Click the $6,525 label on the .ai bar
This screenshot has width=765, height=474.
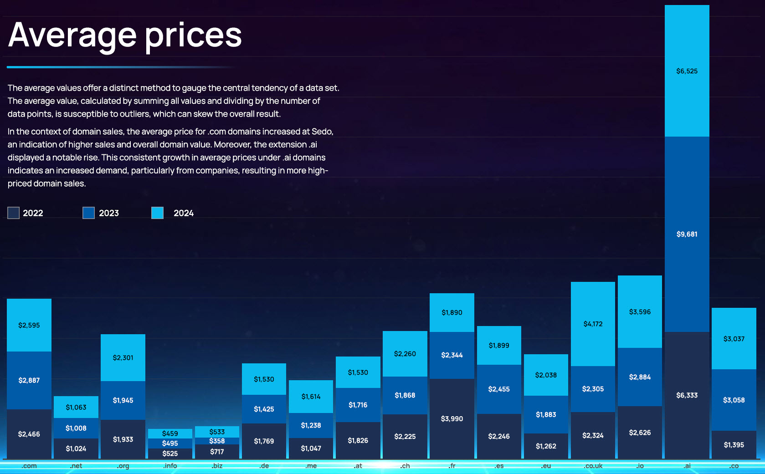pyautogui.click(x=687, y=71)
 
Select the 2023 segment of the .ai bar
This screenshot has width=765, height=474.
pyautogui.click(x=687, y=234)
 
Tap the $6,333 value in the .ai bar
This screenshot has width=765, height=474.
pyautogui.click(x=687, y=395)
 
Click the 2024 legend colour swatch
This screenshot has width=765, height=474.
pyautogui.click(x=157, y=213)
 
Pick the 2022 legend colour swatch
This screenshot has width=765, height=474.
pyautogui.click(x=14, y=213)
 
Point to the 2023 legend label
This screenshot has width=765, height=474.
pyautogui.click(x=109, y=213)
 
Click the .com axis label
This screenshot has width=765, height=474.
pyautogui.click(x=29, y=466)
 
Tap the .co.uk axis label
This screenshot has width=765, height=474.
pyautogui.click(x=593, y=466)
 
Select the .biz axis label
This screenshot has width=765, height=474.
pyautogui.click(x=217, y=466)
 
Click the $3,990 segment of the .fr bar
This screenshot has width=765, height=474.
pyautogui.click(x=452, y=418)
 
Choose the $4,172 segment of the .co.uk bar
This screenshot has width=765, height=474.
pyautogui.click(x=593, y=324)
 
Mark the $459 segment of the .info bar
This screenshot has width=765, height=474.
pyautogui.click(x=170, y=433)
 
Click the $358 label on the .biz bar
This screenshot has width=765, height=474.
pyautogui.click(x=217, y=441)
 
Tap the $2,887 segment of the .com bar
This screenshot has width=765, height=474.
pyautogui.click(x=29, y=380)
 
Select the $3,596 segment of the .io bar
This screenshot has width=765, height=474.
pyautogui.click(x=640, y=312)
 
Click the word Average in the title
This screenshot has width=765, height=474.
pyautogui.click(x=72, y=36)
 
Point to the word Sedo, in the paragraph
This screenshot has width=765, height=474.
pyautogui.click(x=322, y=132)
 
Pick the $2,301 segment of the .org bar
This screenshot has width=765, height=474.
pyautogui.click(x=123, y=357)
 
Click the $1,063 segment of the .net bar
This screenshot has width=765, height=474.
pyautogui.click(x=76, y=407)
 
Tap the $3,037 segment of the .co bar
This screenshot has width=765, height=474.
pyautogui.click(x=734, y=339)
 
